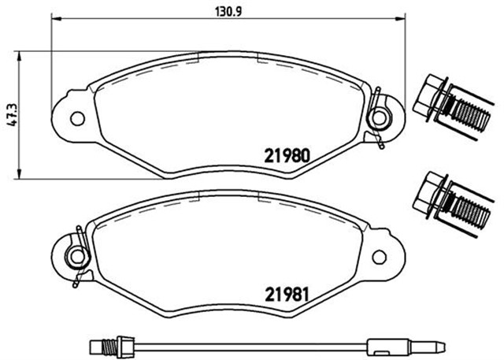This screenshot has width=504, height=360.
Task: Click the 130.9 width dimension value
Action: [x=228, y=12]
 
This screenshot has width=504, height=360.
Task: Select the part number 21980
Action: [x=287, y=155]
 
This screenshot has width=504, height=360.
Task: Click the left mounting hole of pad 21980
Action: [x=77, y=118]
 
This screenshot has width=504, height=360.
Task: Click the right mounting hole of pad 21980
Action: [x=379, y=117]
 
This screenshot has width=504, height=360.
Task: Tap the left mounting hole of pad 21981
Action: [x=77, y=257]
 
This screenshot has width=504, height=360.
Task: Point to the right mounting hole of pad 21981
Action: [x=379, y=257]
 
